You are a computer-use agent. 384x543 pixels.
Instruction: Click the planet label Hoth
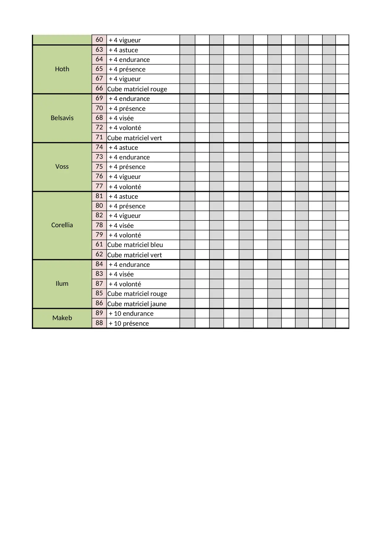pos(62,69)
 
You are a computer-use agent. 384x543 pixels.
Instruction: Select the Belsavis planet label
pos(62,118)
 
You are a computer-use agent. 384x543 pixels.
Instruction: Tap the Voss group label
pos(62,167)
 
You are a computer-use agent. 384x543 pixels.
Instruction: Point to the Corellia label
pos(62,225)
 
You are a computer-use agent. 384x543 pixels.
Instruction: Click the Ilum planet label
pos(62,284)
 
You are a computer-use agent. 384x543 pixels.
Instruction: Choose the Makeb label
pos(62,318)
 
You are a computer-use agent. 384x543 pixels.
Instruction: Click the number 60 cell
pos(99,40)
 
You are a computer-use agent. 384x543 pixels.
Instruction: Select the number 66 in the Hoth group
pos(99,88)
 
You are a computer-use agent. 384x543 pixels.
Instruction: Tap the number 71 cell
pos(99,137)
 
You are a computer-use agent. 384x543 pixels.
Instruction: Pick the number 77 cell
pos(99,186)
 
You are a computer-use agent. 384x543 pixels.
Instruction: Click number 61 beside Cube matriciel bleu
pos(99,244)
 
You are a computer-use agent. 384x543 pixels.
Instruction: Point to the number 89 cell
pos(99,313)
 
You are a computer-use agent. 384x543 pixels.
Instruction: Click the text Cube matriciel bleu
pos(135,245)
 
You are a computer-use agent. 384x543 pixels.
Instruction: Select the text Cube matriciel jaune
pos(137,304)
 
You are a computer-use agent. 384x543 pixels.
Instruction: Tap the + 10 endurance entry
pos(131,314)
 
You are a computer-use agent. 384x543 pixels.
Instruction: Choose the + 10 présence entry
pos(129,324)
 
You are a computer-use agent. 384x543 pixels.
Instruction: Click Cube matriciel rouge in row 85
pos(137,294)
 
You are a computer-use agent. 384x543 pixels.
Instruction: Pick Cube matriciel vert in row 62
pos(135,255)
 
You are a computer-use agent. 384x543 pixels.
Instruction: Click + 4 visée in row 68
pos(121,118)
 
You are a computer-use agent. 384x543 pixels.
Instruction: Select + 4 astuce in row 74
pos(123,148)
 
